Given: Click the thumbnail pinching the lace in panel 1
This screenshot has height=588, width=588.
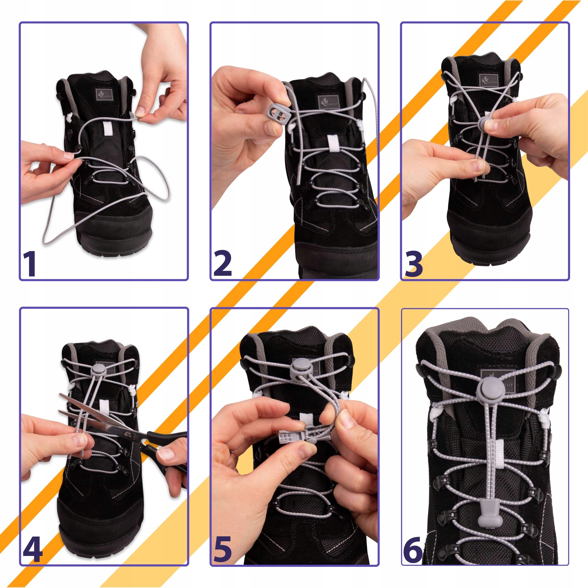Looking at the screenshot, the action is [x=140, y=112].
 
